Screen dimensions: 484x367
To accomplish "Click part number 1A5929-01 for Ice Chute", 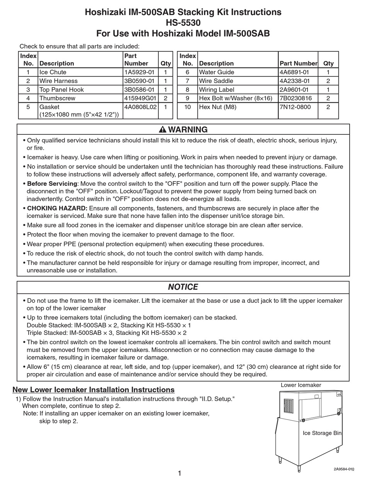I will [x=139, y=72].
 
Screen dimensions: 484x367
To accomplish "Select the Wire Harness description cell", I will [x=58, y=81].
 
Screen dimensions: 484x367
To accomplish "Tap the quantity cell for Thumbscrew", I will [x=165, y=98].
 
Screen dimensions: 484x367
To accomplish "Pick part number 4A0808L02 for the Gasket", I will [x=140, y=107].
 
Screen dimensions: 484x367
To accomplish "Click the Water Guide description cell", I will [x=216, y=72].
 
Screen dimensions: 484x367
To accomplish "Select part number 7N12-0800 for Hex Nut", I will [x=295, y=107].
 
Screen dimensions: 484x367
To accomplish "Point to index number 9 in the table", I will [x=187, y=98].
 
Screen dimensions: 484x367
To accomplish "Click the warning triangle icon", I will [x=163, y=129].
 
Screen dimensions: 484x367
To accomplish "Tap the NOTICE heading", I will [x=183, y=287].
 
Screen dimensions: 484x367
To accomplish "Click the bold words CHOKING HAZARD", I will [x=57, y=208].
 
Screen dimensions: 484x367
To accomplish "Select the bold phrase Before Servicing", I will [x=52, y=183].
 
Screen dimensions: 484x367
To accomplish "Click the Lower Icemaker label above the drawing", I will [x=301, y=385].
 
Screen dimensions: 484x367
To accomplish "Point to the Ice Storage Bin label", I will [x=322, y=433].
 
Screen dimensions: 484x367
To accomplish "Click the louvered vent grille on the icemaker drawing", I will [x=289, y=408].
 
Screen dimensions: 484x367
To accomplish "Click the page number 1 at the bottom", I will [x=180, y=473].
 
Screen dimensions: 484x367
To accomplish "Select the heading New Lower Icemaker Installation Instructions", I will [x=93, y=390].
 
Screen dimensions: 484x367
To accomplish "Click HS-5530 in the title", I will [x=183, y=23].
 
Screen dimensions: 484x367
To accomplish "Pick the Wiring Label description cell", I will [x=216, y=90].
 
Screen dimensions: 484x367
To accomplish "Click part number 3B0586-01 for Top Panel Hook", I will [x=139, y=90].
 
